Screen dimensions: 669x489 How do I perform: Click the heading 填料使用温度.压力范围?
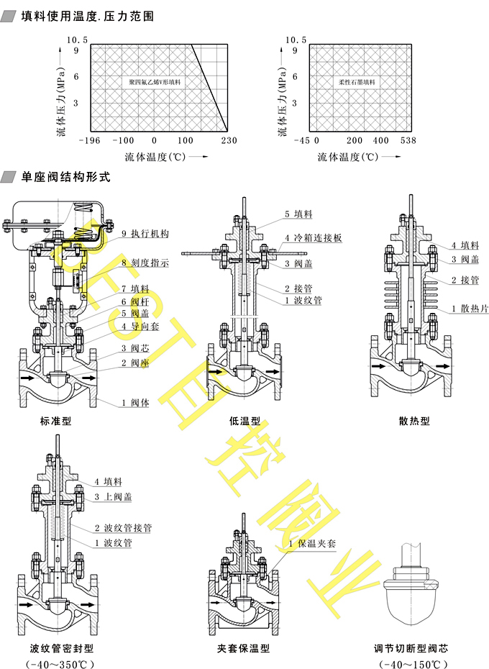pyautogui.click(x=87, y=16)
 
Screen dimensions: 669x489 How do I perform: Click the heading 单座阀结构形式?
pyautogui.click(x=65, y=176)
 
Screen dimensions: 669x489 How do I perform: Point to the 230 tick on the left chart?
pyautogui.click(x=229, y=141)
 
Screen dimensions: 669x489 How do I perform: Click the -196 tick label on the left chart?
pyautogui.click(x=91, y=141)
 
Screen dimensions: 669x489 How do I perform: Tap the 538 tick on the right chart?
pyautogui.click(x=408, y=141)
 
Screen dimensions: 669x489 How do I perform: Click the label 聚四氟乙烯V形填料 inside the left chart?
pyautogui.click(x=155, y=83)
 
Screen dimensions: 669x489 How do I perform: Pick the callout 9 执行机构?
pyautogui.click(x=145, y=234)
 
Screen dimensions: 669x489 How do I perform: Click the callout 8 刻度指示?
pyautogui.click(x=145, y=263)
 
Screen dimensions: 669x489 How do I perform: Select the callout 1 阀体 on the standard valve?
pyautogui.click(x=134, y=403)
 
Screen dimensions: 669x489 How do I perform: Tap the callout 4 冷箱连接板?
pyautogui.click(x=313, y=237)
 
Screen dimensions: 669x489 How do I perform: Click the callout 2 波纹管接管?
pyautogui.click(x=123, y=527)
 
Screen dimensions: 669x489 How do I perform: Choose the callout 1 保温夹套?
pyautogui.click(x=312, y=545)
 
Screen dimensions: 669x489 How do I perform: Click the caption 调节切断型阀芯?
pyautogui.click(x=411, y=648)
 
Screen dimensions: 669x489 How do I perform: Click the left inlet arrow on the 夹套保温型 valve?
pyautogui.click(x=216, y=601)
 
